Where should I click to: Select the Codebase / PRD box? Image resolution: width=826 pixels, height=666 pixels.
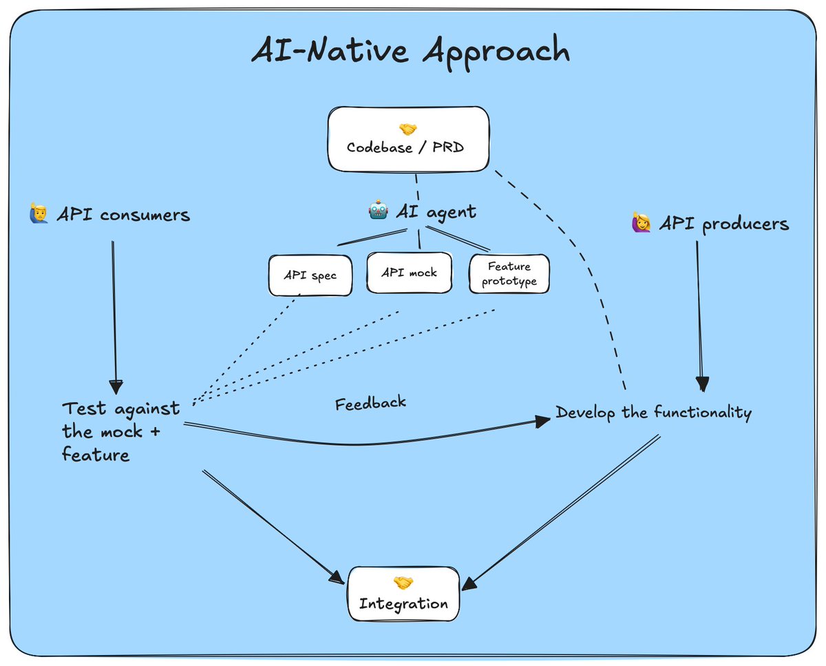(408, 138)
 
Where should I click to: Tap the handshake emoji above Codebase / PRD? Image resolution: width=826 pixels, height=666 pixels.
(408, 129)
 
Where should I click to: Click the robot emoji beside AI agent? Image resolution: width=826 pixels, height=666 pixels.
(379, 211)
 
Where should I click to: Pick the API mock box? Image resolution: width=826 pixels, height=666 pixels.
(409, 272)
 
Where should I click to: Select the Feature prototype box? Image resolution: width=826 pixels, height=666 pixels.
(509, 273)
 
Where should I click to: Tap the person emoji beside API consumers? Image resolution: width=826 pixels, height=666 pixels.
(39, 214)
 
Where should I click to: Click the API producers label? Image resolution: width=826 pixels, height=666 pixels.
(724, 223)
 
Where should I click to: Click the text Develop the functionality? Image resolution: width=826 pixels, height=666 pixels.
(653, 413)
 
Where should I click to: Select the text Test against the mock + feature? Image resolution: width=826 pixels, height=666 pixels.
(120, 431)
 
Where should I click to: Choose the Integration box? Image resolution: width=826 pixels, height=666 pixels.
(403, 593)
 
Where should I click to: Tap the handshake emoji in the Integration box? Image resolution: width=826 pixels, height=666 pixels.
(403, 583)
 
